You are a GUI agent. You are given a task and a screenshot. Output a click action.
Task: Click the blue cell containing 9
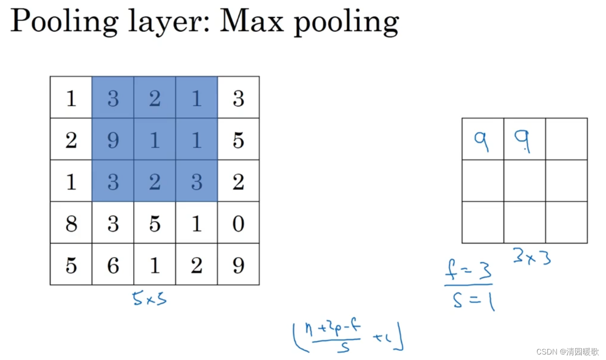pos(113,140)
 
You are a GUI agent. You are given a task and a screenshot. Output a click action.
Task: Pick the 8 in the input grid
pos(71,224)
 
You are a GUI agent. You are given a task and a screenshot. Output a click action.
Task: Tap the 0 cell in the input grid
pos(238,224)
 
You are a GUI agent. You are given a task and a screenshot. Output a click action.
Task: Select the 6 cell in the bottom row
pos(113,265)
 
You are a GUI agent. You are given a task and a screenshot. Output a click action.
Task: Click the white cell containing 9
pos(238,265)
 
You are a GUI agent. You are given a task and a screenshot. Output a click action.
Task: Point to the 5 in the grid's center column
pos(155,224)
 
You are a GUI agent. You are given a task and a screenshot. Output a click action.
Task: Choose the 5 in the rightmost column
pos(238,140)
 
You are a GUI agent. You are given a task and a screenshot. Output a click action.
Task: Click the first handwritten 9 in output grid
pos(481,141)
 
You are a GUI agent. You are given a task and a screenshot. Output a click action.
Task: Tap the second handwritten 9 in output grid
pos(523,141)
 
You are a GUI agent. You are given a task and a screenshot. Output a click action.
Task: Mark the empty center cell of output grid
pos(525,181)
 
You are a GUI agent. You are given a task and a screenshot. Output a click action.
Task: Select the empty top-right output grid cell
pos(566,139)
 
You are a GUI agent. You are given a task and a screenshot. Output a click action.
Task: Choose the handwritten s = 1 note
pos(473,301)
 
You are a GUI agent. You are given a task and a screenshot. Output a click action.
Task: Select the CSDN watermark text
pos(567,352)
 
